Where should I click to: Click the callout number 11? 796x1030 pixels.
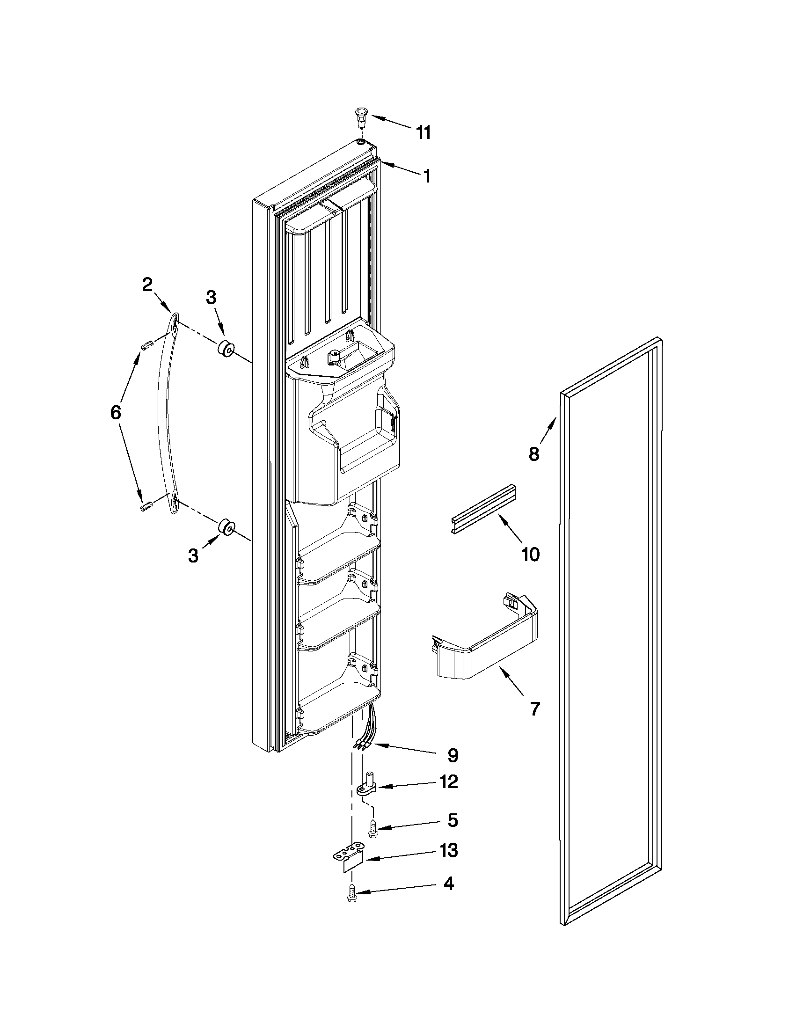coord(424,133)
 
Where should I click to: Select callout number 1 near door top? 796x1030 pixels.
coord(426,176)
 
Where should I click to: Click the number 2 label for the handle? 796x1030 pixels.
coord(147,285)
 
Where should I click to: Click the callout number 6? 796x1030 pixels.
coord(116,413)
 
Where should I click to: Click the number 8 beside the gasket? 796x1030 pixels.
coord(533,455)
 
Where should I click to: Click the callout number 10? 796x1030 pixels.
coord(530,555)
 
